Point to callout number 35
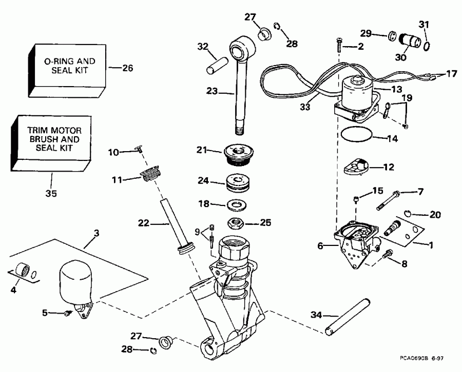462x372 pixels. (x=51, y=194)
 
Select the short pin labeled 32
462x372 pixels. (x=215, y=67)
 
